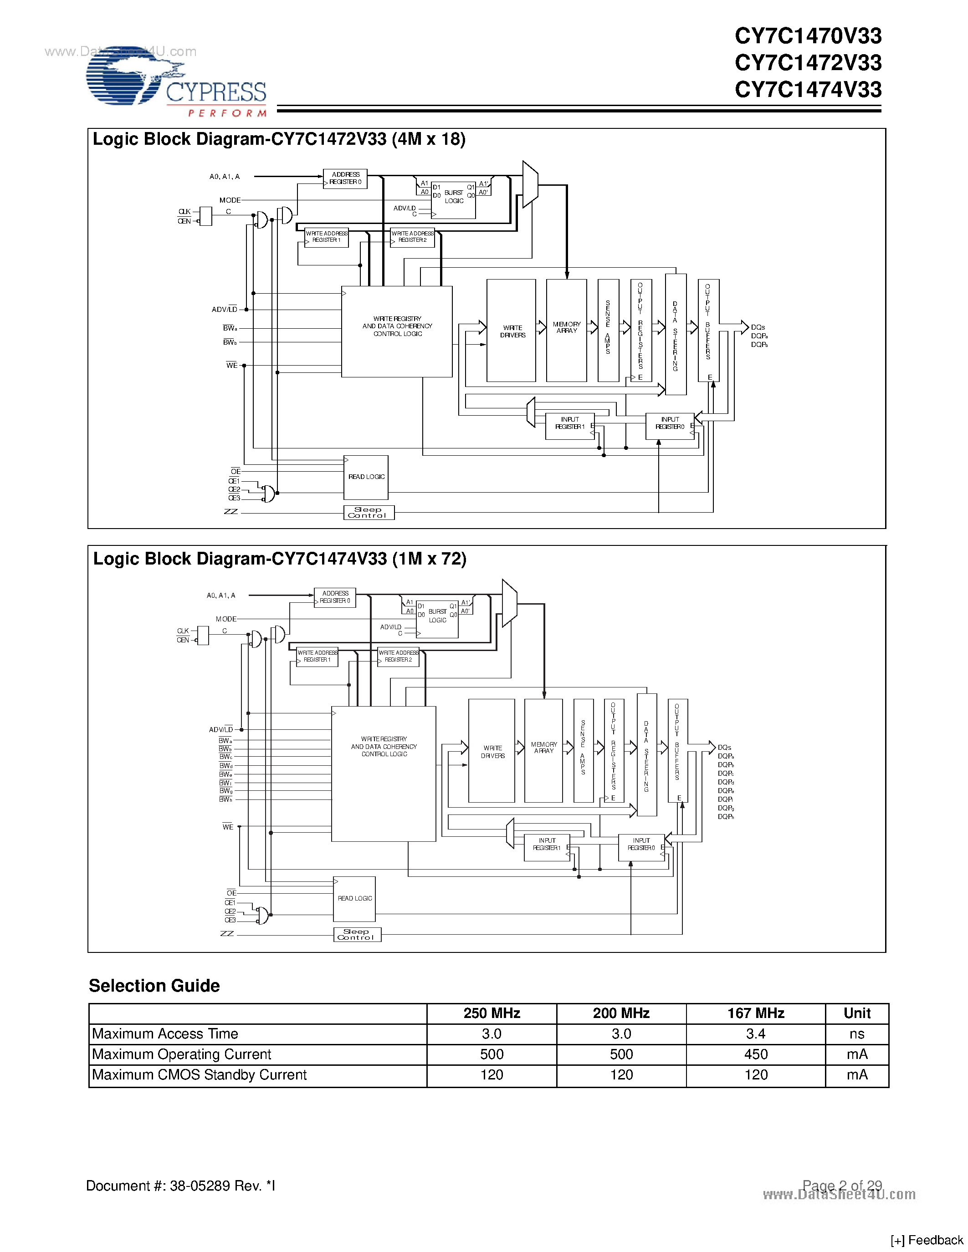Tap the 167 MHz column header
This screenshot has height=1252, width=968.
[755, 1013]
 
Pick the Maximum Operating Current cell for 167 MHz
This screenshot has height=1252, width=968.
[755, 1054]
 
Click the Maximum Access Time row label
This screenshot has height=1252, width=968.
[165, 1033]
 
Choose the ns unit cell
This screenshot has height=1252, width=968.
[857, 1033]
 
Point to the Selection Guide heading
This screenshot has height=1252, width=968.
[154, 985]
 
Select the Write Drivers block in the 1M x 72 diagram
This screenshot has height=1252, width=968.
[492, 751]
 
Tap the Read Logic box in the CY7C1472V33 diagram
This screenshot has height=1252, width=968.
[366, 477]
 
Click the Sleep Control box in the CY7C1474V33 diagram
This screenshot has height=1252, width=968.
[357, 934]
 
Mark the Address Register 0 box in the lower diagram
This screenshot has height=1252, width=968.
[335, 597]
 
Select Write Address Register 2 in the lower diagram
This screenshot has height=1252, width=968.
[399, 657]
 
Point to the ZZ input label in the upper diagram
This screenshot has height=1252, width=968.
[230, 512]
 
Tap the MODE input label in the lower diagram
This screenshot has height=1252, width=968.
[226, 619]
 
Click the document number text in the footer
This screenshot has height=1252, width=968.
[181, 1186]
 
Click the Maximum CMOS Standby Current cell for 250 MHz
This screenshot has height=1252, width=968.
[492, 1075]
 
